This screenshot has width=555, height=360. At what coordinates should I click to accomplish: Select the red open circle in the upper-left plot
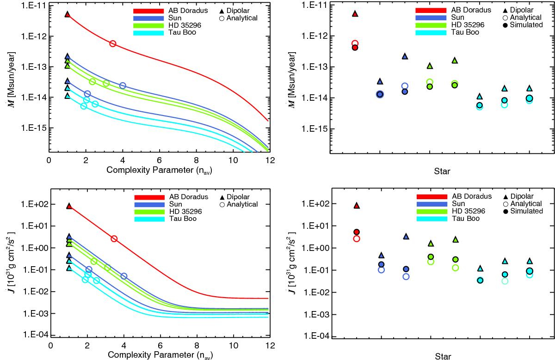coord(112,43)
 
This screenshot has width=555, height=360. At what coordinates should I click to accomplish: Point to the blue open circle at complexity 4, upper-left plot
coord(123,85)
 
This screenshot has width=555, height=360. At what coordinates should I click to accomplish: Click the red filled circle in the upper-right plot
coord(355,48)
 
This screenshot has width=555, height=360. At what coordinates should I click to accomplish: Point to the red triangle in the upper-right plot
coord(355,13)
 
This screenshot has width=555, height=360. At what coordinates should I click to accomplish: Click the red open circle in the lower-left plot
coord(114,238)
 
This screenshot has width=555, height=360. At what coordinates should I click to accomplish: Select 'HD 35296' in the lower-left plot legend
coord(192,211)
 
